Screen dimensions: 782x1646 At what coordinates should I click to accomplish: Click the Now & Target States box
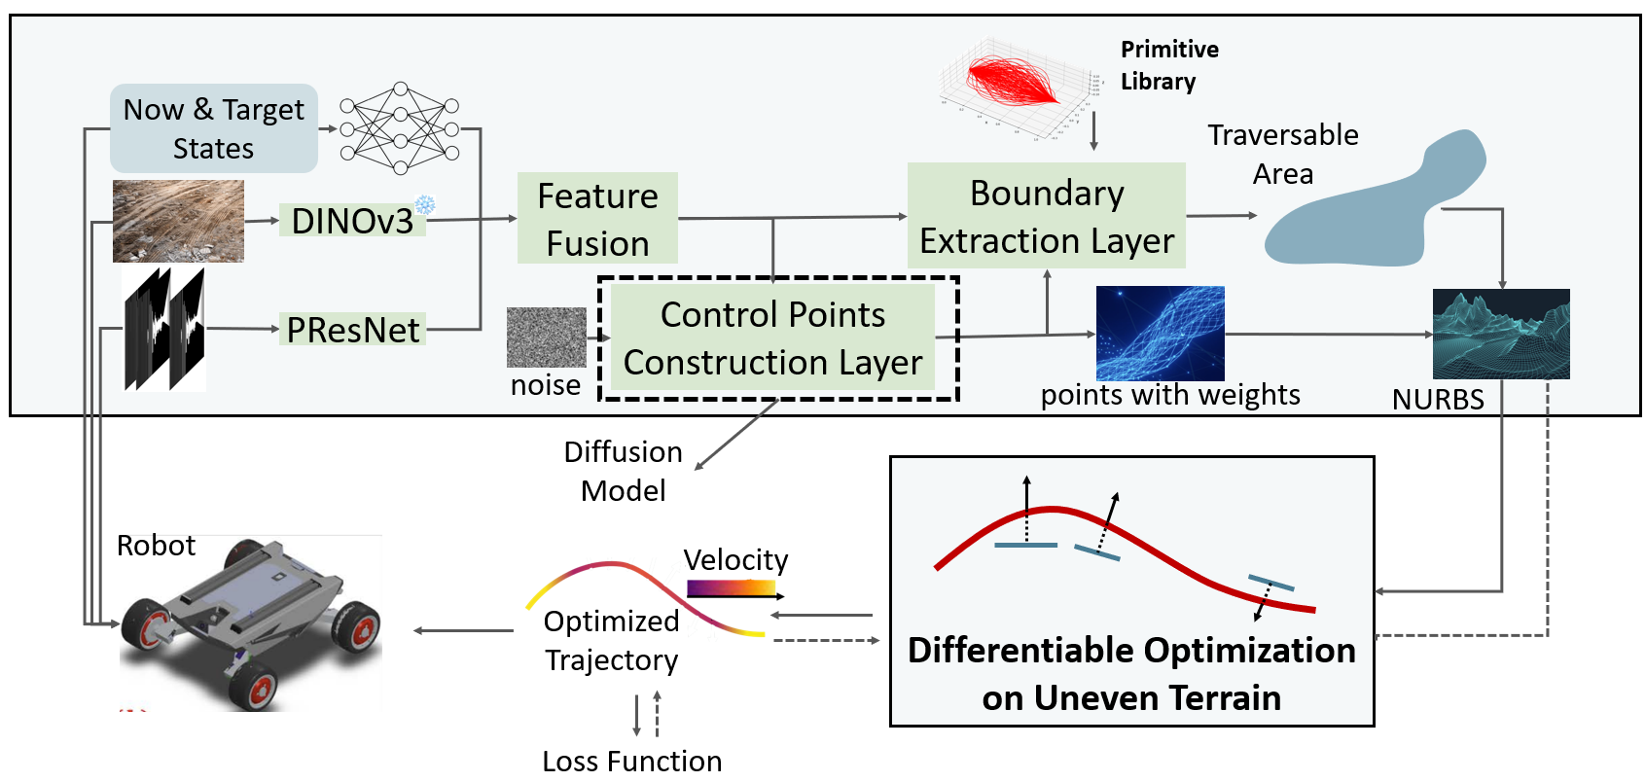click(x=214, y=128)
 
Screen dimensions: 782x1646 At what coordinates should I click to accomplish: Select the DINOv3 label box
click(x=352, y=221)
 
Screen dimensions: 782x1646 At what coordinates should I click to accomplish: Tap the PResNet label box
click(x=352, y=330)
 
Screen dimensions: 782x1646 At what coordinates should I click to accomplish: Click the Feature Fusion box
click(x=597, y=219)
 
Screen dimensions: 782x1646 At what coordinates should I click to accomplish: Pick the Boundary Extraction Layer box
click(x=1047, y=216)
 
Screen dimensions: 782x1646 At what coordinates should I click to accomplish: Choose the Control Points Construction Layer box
click(x=772, y=338)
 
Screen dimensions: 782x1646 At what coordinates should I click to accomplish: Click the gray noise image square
click(x=547, y=338)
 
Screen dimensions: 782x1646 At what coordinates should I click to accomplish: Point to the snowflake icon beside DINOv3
click(x=425, y=205)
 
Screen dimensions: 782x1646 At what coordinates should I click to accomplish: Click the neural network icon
click(x=400, y=128)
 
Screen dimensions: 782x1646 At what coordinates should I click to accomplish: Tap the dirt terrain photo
click(x=178, y=221)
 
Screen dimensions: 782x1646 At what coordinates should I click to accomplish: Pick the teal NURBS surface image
click(x=1501, y=334)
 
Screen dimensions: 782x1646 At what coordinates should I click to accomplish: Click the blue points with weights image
click(x=1160, y=333)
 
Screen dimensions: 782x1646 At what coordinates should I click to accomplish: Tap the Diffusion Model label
click(x=624, y=472)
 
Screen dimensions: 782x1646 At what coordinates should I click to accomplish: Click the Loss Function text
click(x=632, y=761)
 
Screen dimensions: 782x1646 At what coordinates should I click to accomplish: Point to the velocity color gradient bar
click(x=732, y=587)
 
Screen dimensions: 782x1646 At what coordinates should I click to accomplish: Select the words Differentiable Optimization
click(x=1131, y=650)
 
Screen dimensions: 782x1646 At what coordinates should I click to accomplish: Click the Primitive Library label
click(x=1169, y=65)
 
